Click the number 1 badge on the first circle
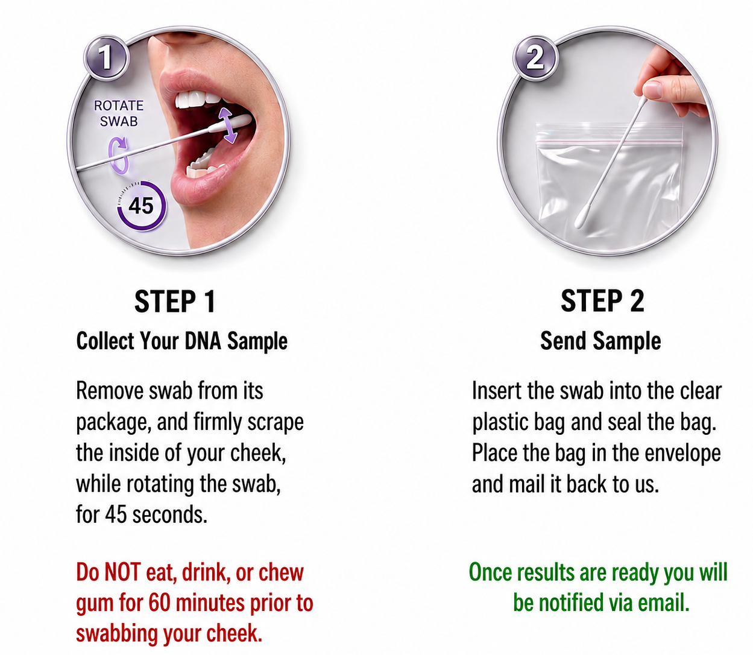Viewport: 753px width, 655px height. click(106, 58)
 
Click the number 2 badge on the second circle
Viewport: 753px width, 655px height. click(535, 58)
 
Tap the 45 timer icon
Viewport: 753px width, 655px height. click(141, 206)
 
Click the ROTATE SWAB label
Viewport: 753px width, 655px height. click(119, 113)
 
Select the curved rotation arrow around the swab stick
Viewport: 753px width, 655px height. click(119, 156)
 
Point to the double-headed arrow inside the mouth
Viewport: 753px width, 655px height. click(228, 125)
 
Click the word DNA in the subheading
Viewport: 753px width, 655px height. click(203, 341)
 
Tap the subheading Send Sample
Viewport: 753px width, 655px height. click(600, 341)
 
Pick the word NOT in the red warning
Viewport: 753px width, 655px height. click(122, 572)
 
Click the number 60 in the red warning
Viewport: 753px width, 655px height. click(160, 603)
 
